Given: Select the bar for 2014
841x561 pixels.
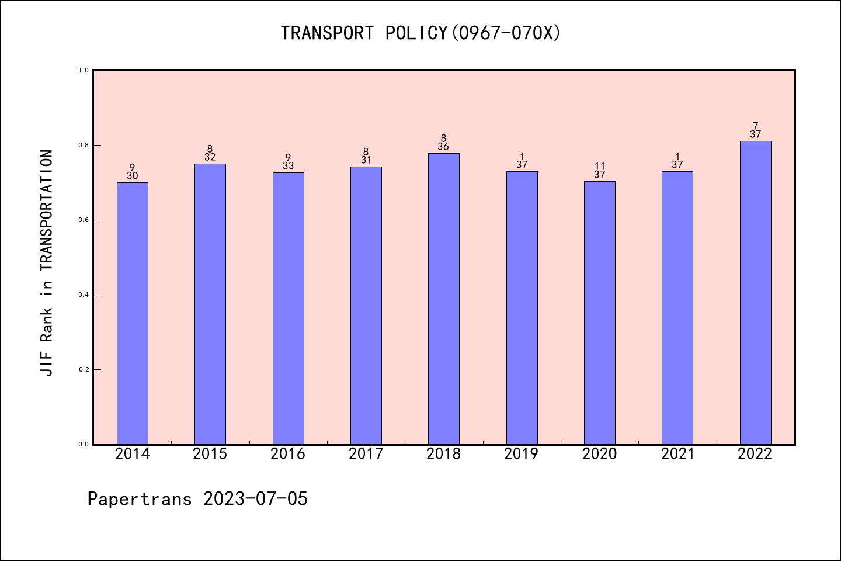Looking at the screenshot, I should [133, 313].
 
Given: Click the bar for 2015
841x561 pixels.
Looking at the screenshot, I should [210, 304].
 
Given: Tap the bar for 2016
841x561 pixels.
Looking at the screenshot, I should [288, 308].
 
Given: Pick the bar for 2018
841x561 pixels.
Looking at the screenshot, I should [444, 299].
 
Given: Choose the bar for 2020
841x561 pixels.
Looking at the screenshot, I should [600, 313].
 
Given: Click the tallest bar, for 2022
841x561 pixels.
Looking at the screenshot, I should [755, 292].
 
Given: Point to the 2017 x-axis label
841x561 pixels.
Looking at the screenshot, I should [366, 454].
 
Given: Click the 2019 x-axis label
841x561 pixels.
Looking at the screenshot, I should [522, 454].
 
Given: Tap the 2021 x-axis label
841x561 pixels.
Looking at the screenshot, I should [677, 454].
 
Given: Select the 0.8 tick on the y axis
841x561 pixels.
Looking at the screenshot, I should [84, 145].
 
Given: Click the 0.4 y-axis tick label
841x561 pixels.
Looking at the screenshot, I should [84, 295].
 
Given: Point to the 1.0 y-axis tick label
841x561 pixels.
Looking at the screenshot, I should [84, 70].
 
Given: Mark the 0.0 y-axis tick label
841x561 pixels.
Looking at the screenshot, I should [84, 444].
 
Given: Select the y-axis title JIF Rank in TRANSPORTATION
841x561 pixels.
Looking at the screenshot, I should [47, 263].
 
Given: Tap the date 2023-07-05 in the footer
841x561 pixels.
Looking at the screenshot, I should [255, 499].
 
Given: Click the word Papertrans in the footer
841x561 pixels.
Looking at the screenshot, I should [140, 499].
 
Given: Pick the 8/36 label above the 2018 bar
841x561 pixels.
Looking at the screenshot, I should [444, 143].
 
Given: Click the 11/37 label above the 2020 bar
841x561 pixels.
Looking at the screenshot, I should [600, 171].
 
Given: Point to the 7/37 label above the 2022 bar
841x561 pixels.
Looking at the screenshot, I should [755, 130].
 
